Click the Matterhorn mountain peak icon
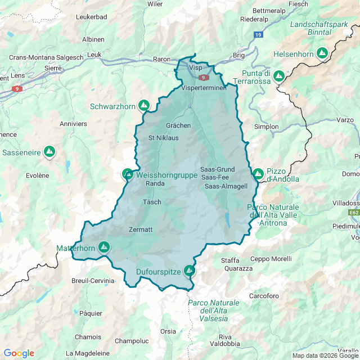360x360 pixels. tap(104, 246)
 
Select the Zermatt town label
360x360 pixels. tap(141, 229)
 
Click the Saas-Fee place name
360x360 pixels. tap(214, 177)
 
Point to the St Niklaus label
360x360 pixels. tap(163, 137)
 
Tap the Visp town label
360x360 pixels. tap(195, 67)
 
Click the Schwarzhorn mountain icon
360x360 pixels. tap(144, 105)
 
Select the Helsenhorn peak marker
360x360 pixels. tap(322, 53)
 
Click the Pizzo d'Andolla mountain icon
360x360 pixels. tap(258, 174)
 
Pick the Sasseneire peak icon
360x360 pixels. tap(49, 151)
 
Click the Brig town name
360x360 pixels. tap(238, 55)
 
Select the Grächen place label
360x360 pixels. tap(178, 125)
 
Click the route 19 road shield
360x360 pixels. tap(258, 35)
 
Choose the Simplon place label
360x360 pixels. tap(266, 127)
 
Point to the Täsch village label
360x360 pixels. tap(152, 202)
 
